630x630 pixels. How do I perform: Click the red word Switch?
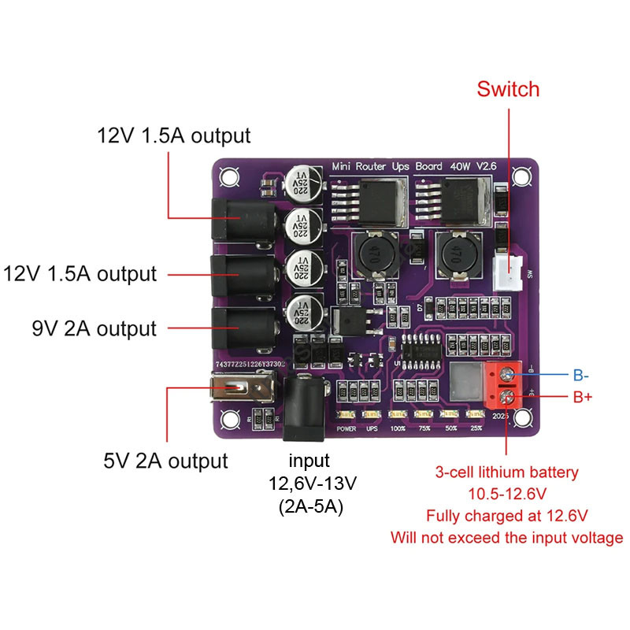508,89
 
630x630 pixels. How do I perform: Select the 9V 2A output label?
94,328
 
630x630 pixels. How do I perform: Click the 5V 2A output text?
165,460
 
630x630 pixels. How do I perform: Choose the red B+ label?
582,397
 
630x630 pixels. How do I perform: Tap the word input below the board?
309,461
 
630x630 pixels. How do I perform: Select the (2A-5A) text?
309,507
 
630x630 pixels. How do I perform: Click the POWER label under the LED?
346,429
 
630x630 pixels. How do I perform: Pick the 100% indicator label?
398,429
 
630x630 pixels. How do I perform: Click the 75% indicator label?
424,429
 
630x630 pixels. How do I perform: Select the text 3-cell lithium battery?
506,472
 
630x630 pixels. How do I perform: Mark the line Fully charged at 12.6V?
506,517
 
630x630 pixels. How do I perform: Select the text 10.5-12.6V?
506,495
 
